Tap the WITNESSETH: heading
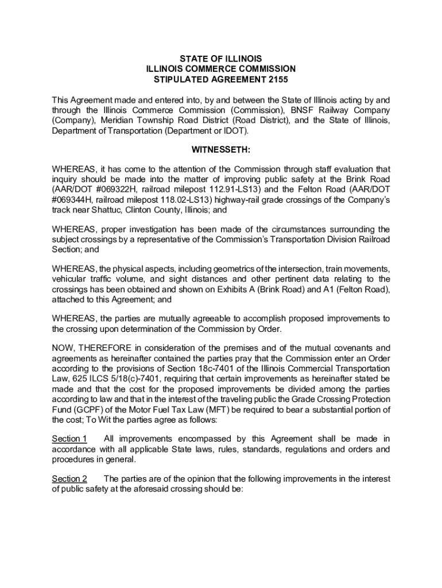(221, 150)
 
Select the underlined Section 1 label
(69, 439)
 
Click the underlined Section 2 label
(69, 479)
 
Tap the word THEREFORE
(104, 348)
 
